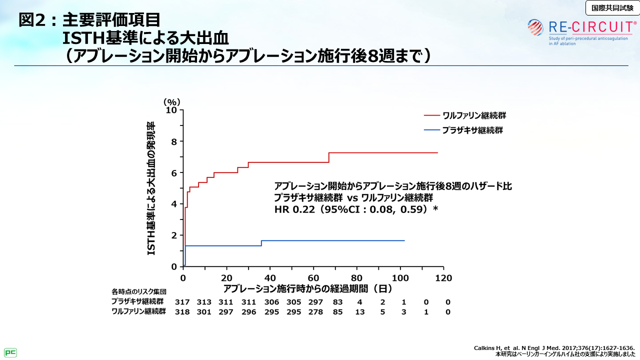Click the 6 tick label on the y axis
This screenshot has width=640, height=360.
pyautogui.click(x=174, y=173)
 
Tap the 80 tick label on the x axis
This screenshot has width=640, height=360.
pyautogui.click(x=356, y=278)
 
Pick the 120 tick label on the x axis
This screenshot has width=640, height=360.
pyautogui.click(x=443, y=278)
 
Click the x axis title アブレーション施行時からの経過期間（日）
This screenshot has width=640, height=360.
pyautogui.click(x=307, y=288)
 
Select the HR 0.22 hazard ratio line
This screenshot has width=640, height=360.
pyautogui.click(x=356, y=209)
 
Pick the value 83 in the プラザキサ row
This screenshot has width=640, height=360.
pyautogui.click(x=337, y=302)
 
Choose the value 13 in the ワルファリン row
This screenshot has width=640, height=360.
pyautogui.click(x=359, y=312)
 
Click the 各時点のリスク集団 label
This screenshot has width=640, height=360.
pyautogui.click(x=138, y=291)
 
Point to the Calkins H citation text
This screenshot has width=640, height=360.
pyautogui.click(x=554, y=348)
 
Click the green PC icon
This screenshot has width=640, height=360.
pyautogui.click(x=10, y=352)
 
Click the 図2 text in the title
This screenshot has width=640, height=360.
pyautogui.click(x=33, y=20)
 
